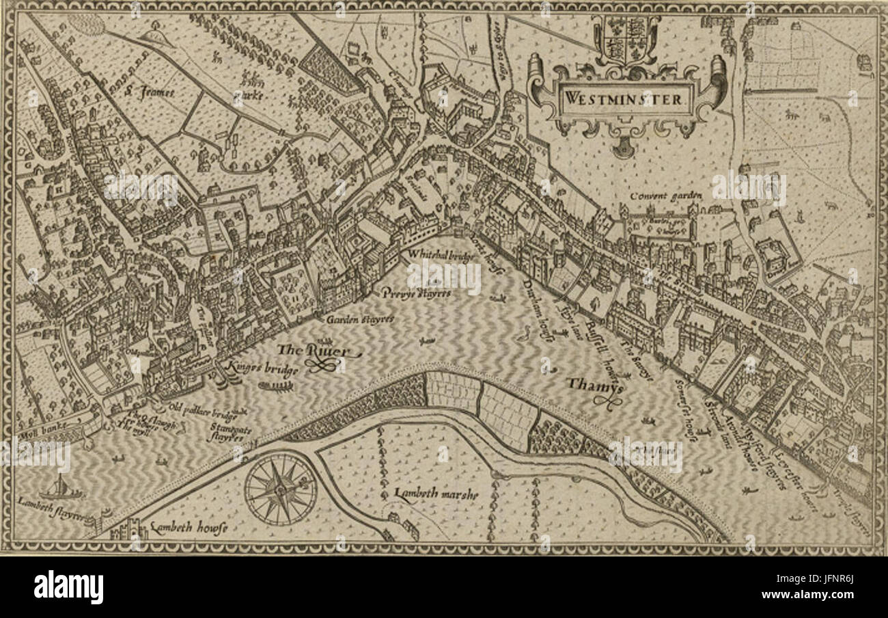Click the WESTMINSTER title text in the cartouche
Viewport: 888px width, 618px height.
623,98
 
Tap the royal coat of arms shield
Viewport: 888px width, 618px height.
626,39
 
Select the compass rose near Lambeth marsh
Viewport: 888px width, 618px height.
280,489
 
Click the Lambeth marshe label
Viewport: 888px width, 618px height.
436,494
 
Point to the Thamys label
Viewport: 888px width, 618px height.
586,385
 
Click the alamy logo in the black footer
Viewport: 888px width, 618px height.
68,587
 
